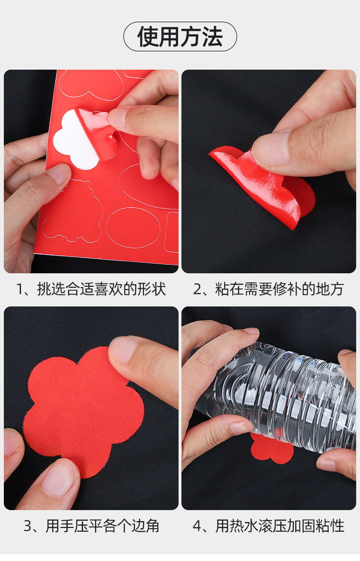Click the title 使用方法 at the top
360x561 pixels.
[180, 37]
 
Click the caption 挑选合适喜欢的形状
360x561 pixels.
[102, 289]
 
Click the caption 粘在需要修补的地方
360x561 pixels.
[279, 289]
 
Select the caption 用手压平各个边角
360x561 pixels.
[103, 526]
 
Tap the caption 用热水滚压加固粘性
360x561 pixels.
[280, 526]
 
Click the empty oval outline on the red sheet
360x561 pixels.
[132, 228]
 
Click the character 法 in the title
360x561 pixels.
[212, 37]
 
